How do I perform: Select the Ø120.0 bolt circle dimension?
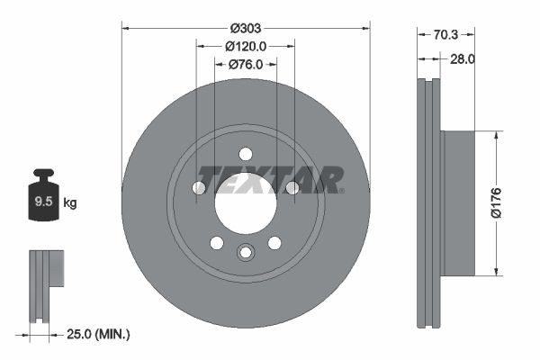[245, 46]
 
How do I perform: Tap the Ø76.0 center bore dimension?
[245, 64]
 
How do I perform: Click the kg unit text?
[70, 202]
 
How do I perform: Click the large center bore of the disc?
[245, 202]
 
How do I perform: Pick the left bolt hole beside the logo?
[199, 187]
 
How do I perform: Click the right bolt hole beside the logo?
[292, 187]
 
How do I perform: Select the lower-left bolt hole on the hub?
[216, 242]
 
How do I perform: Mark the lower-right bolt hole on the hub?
[274, 242]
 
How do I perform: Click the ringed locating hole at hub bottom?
[245, 252]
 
